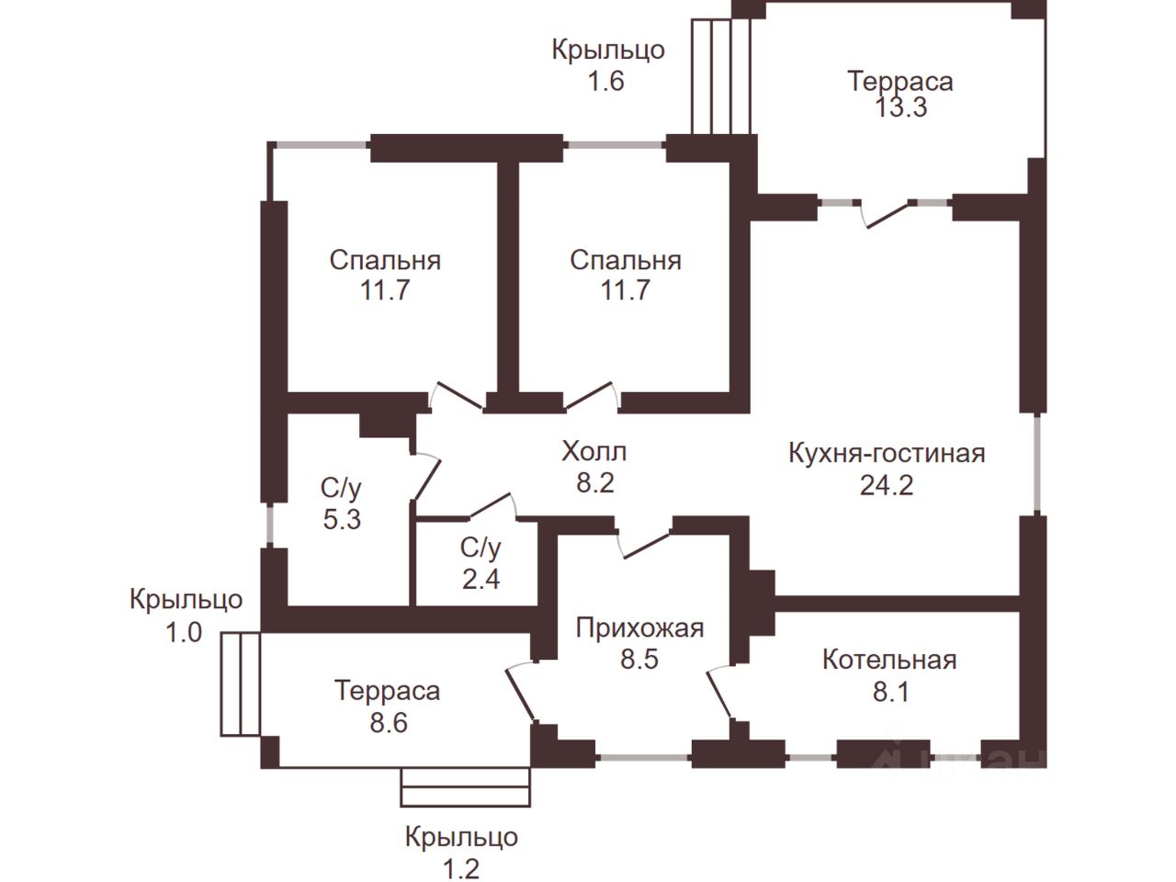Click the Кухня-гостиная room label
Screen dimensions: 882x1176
pyautogui.click(x=887, y=453)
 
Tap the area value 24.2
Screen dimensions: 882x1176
pyautogui.click(x=887, y=484)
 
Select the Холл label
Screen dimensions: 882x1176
pyautogui.click(x=594, y=451)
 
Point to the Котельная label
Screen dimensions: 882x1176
pyautogui.click(x=889, y=660)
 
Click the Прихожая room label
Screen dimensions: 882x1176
pyautogui.click(x=639, y=628)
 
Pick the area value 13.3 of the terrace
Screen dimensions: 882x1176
pyautogui.click(x=900, y=107)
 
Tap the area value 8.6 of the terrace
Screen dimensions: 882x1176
pyautogui.click(x=387, y=722)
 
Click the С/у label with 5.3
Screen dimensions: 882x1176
pyautogui.click(x=341, y=488)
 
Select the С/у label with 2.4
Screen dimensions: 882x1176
pyautogui.click(x=481, y=548)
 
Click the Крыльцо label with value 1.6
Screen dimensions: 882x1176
pyautogui.click(x=607, y=50)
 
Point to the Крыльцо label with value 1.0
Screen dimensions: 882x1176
pyautogui.click(x=186, y=600)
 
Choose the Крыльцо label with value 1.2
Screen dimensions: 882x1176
pyautogui.click(x=461, y=837)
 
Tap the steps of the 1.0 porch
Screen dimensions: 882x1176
pyautogui.click(x=241, y=683)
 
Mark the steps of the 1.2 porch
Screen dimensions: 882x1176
pyautogui.click(x=466, y=787)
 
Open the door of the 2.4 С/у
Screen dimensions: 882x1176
pyautogui.click(x=491, y=506)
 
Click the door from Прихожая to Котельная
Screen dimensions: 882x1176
pyautogui.click(x=719, y=694)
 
